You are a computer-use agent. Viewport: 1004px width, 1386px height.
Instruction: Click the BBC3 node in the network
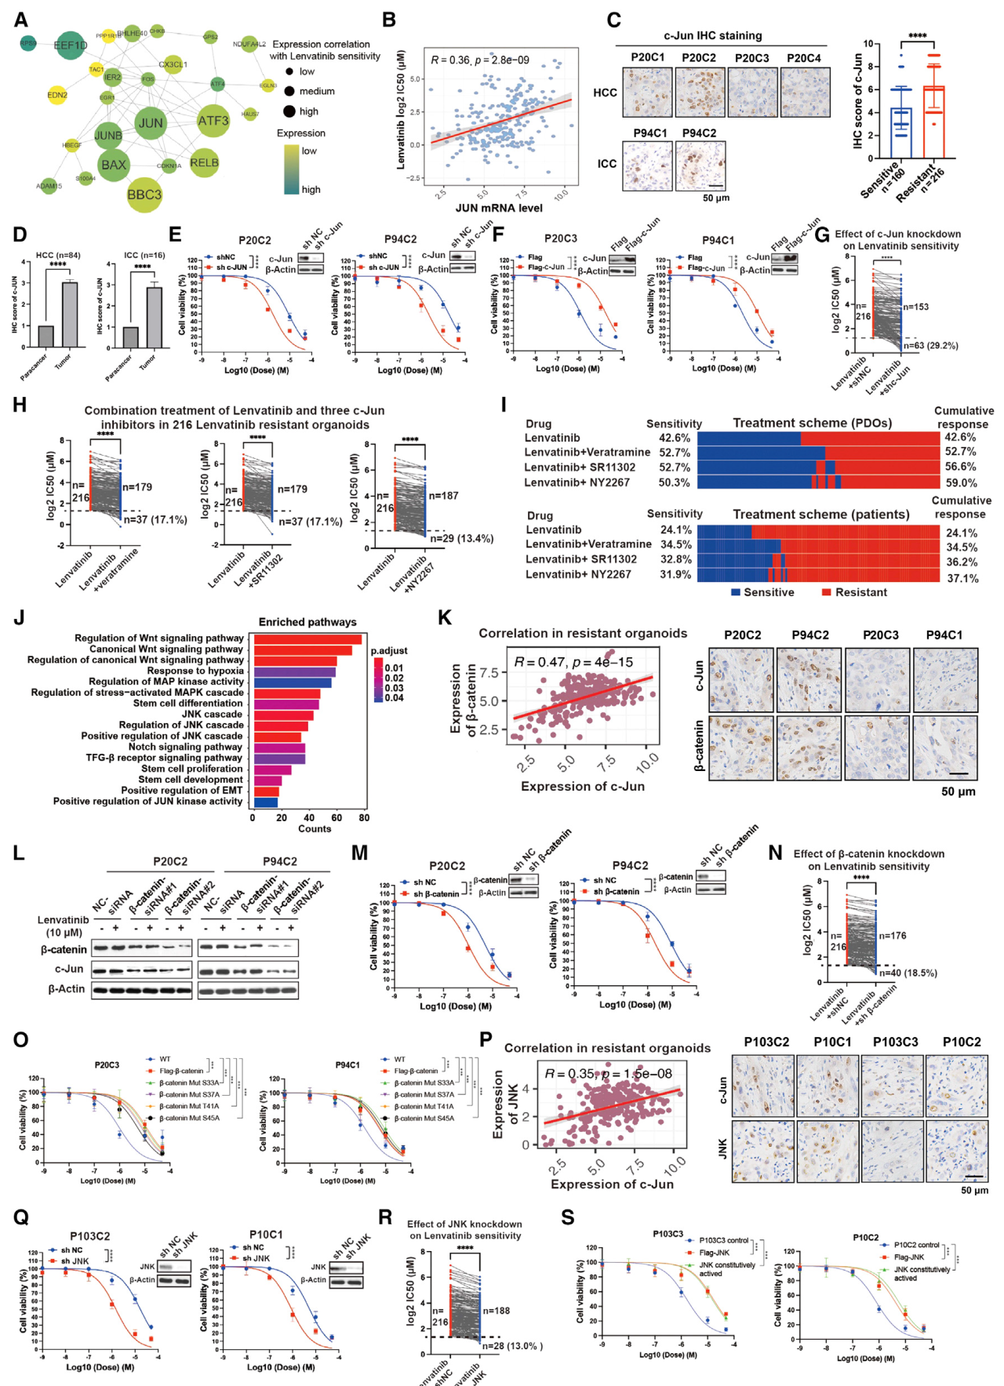tap(144, 195)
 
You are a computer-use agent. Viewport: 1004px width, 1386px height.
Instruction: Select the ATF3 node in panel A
tap(213, 121)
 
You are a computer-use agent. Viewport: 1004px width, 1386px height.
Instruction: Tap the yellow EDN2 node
tap(57, 95)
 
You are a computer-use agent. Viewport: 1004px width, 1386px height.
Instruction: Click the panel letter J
tap(19, 618)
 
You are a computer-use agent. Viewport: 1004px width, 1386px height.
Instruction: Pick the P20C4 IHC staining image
tap(805, 92)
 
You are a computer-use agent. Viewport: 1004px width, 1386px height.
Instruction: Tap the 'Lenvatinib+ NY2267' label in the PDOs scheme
tap(577, 482)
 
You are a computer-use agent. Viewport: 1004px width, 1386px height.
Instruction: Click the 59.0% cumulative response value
tap(961, 483)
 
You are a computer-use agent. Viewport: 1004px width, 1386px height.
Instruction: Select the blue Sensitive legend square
tap(735, 592)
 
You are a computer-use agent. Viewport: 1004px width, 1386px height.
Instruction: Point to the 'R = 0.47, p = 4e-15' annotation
tap(573, 662)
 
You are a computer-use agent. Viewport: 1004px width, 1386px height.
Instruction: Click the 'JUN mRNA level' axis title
tap(499, 208)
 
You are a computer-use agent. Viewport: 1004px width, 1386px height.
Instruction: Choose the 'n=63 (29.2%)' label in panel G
tap(930, 345)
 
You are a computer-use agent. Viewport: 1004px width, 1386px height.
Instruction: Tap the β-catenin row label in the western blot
tap(64, 949)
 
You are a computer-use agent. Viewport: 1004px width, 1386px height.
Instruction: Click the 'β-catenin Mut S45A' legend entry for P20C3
tap(188, 1118)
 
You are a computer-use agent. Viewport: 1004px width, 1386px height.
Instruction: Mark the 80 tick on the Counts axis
tap(364, 817)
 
